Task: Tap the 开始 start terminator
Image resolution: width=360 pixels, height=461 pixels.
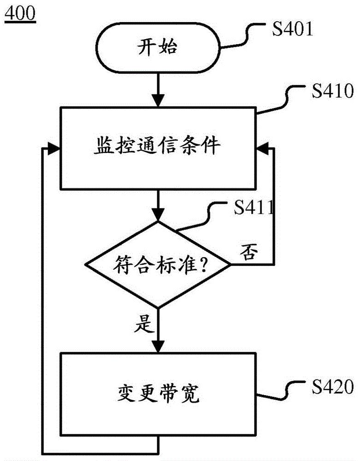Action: click(157, 47)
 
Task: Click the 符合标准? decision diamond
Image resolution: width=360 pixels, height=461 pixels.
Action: click(158, 265)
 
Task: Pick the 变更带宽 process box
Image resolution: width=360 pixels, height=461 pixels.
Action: click(158, 394)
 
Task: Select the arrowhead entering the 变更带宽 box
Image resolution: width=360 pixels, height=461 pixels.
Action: click(158, 347)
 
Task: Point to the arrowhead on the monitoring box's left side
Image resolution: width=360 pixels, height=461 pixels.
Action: click(55, 149)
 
